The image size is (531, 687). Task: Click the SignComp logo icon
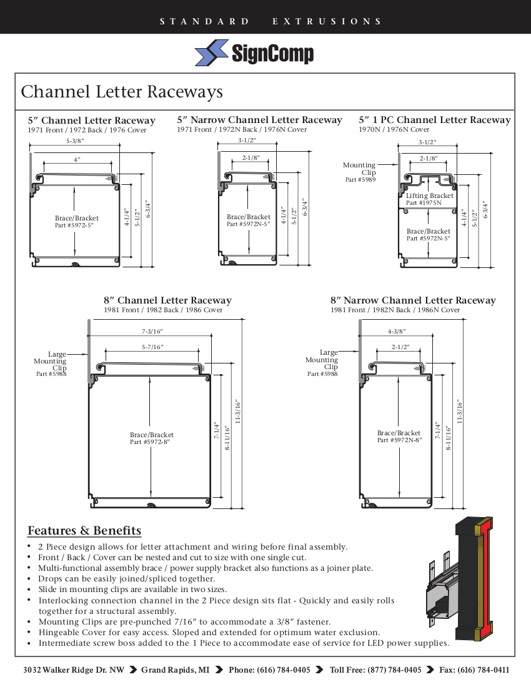(212, 53)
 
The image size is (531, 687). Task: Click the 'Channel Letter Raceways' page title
(122, 92)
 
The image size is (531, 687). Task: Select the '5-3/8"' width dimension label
(75, 142)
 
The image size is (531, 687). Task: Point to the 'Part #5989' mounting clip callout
(360, 180)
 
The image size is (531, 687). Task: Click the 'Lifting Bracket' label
(429, 195)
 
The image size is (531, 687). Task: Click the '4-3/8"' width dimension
(397, 332)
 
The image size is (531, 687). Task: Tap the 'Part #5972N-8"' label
(399, 440)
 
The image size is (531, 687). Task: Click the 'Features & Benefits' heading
(84, 531)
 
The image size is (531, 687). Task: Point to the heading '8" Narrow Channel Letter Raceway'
(413, 300)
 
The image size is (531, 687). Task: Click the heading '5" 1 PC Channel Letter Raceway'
(434, 120)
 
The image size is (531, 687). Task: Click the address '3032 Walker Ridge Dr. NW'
(74, 670)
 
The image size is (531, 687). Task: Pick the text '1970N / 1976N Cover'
(394, 129)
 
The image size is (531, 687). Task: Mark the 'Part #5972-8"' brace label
(149, 442)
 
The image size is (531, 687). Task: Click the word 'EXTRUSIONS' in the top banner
(327, 21)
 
